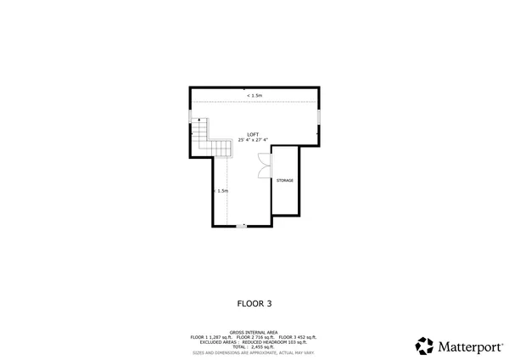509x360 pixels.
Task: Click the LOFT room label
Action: click(253, 134)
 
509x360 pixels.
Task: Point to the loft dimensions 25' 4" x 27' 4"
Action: click(253, 140)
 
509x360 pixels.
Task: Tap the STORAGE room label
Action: click(285, 182)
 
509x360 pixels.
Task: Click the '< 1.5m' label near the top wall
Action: click(254, 96)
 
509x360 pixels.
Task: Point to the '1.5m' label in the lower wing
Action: click(222, 191)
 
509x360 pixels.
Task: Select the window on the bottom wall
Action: click(243, 227)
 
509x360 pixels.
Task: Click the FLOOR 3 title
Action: click(254, 302)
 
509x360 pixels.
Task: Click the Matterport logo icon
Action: click(424, 346)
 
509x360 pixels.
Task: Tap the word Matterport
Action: click(468, 346)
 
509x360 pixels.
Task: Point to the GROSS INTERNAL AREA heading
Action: click(254, 332)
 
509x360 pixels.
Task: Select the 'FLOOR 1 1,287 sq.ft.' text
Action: click(211, 337)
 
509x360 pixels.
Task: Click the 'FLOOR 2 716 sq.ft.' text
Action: click(255, 337)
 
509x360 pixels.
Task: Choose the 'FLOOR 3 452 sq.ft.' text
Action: click(298, 337)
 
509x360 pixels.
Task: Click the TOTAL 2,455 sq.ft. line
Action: click(254, 346)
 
